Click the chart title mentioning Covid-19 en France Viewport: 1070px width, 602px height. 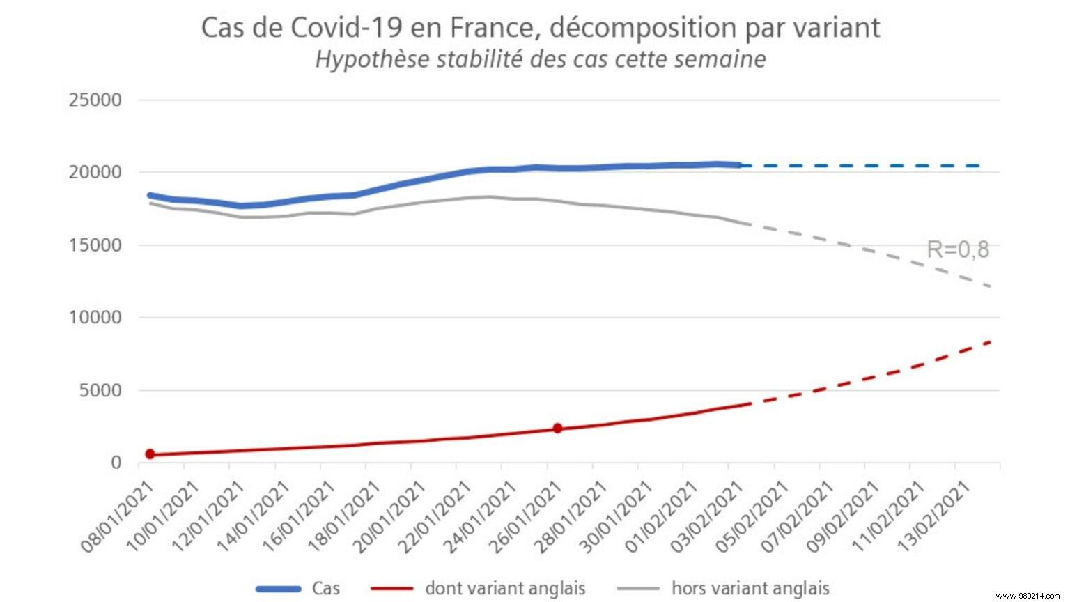(540, 28)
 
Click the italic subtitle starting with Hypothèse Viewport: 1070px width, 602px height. (541, 59)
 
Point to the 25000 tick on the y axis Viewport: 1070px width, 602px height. (95, 100)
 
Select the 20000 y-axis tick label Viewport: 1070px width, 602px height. (95, 173)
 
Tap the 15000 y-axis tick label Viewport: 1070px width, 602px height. (95, 245)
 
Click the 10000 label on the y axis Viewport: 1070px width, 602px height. (95, 318)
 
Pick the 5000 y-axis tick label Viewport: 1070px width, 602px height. (100, 390)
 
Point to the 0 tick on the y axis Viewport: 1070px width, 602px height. (116, 463)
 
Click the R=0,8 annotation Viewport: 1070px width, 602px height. (958, 249)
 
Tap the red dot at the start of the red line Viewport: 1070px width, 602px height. (150, 454)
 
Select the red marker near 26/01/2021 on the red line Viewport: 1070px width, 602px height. (557, 429)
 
